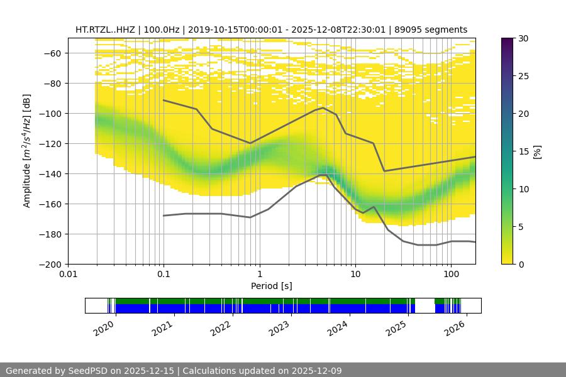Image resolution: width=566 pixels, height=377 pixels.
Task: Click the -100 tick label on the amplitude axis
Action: click(52, 113)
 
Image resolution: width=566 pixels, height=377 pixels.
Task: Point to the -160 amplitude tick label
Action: click(52, 204)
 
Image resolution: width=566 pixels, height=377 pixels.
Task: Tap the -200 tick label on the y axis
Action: click(52, 264)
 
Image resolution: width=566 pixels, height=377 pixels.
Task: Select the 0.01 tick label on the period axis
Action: click(68, 275)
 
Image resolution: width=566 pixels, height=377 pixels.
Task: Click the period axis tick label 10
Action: click(355, 275)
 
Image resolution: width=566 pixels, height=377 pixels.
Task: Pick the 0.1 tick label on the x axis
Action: click(164, 275)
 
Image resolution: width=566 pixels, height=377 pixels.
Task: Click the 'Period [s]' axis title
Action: click(272, 286)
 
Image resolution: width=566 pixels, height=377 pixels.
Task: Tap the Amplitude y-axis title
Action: click(27, 151)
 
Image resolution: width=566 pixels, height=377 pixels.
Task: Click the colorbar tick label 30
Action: click(523, 38)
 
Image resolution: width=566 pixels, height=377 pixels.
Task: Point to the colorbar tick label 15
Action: click(523, 151)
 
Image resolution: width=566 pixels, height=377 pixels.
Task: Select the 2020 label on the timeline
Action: click(104, 326)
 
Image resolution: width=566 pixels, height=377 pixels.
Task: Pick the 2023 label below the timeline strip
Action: click(280, 326)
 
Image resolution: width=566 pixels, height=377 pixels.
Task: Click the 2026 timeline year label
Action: click(457, 326)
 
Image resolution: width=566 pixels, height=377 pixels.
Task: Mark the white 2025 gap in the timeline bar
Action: click(425, 305)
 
